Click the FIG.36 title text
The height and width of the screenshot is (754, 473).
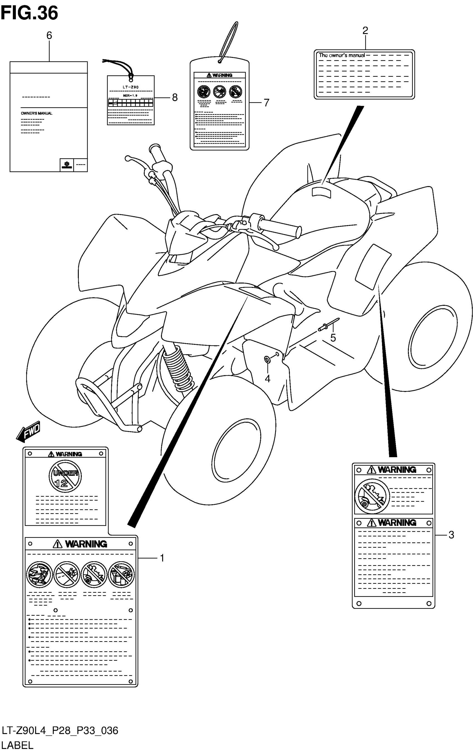(29, 13)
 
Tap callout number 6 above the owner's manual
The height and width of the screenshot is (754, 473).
(49, 36)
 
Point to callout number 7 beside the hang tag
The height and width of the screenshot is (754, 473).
(266, 103)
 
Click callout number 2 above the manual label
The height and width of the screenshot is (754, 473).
(365, 31)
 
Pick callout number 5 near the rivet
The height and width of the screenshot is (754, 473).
(333, 338)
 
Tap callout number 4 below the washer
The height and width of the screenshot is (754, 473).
(267, 379)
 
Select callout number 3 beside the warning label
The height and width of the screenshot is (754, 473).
(451, 535)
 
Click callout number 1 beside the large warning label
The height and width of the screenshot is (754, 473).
(162, 558)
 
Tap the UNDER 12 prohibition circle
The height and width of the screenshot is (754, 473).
(65, 477)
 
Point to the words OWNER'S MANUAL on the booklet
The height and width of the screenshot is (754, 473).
(37, 113)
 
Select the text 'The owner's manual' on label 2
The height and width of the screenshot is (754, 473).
(342, 55)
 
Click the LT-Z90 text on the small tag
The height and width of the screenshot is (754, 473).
(130, 87)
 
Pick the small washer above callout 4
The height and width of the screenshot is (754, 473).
(267, 360)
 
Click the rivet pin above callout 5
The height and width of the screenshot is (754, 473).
(329, 325)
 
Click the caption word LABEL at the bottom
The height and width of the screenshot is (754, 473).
(17, 746)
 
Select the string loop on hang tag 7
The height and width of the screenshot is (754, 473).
(228, 41)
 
